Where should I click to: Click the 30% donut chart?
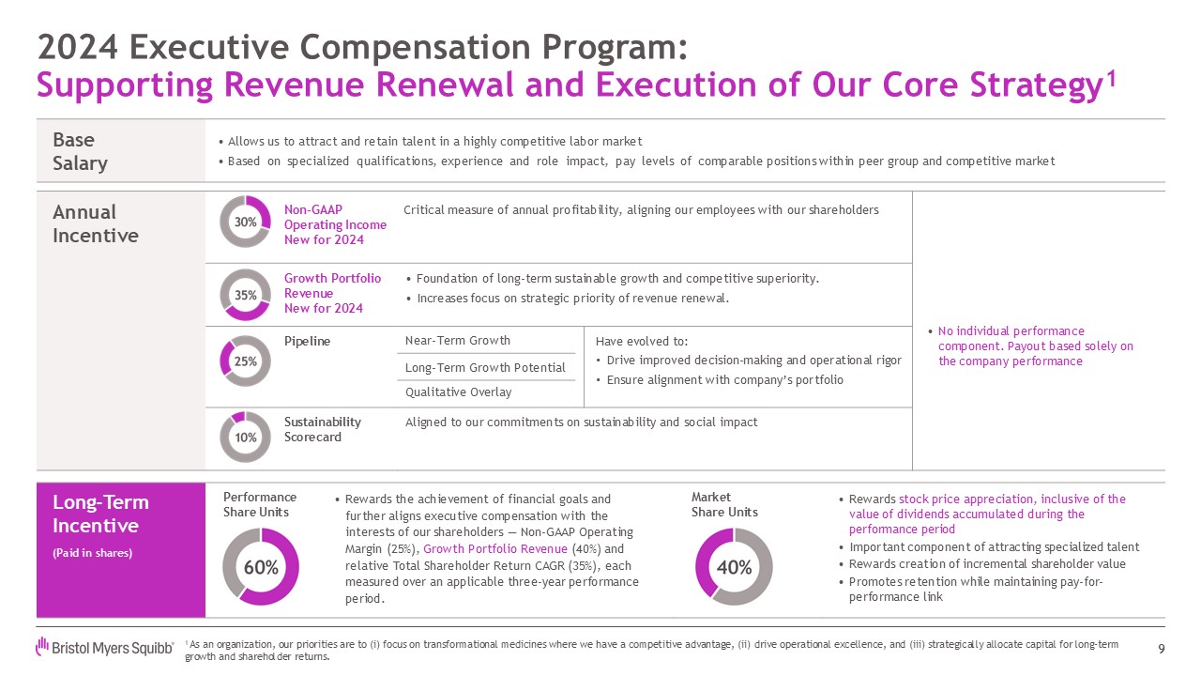click(245, 222)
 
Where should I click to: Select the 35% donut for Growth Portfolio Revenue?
click(245, 294)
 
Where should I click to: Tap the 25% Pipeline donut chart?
click(245, 361)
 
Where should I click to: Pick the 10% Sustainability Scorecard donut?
click(245, 437)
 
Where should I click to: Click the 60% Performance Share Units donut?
click(261, 567)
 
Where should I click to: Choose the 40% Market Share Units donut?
click(734, 567)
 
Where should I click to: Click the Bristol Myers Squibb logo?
click(104, 647)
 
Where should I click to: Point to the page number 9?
click(1162, 648)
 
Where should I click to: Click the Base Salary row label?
click(80, 151)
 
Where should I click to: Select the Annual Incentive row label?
click(95, 223)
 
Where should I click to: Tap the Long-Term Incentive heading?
click(100, 514)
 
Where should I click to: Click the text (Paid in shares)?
click(92, 553)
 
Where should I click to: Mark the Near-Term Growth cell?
click(457, 340)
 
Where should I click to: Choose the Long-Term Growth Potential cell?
click(484, 367)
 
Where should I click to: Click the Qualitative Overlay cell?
click(458, 392)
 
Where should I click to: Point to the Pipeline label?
click(307, 341)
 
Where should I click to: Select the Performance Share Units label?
click(260, 504)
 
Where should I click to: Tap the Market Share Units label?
click(723, 504)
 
